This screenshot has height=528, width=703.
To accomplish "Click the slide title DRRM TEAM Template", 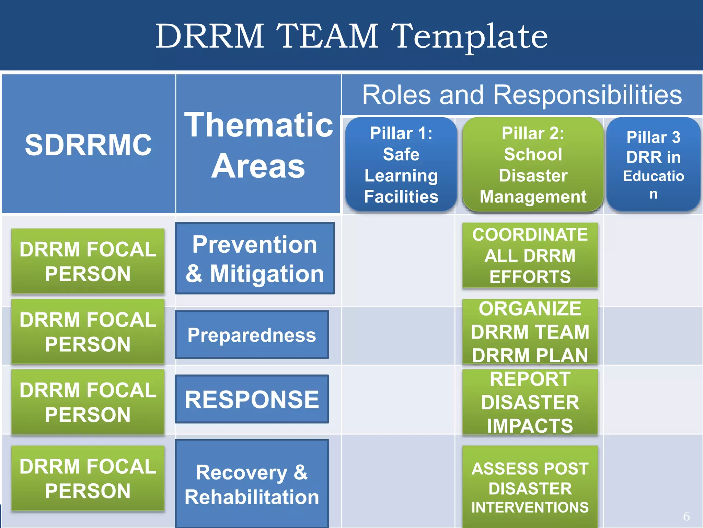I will pyautogui.click(x=351, y=36).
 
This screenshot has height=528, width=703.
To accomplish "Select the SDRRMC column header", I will pyautogui.click(x=88, y=145).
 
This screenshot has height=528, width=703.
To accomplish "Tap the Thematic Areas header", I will pyautogui.click(x=258, y=145).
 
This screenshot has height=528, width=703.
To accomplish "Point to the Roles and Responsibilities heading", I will pyautogui.click(x=522, y=95).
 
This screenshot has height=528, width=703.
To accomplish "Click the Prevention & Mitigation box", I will pyautogui.click(x=255, y=258).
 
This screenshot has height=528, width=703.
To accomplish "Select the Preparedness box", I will pyautogui.click(x=252, y=334).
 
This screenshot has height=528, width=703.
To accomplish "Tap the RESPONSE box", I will pyautogui.click(x=252, y=399).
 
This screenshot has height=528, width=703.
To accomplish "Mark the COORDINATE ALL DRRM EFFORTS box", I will pyautogui.click(x=530, y=255).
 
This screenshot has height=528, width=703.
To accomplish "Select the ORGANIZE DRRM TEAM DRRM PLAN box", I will pyautogui.click(x=530, y=332).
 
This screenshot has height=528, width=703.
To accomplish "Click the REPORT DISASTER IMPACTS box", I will pyautogui.click(x=530, y=402).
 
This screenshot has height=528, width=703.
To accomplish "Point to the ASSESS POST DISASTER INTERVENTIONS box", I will pyautogui.click(x=530, y=487).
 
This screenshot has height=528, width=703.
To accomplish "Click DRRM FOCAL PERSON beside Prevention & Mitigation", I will pyautogui.click(x=88, y=261).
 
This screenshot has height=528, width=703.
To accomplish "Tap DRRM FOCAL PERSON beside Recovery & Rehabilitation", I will pyautogui.click(x=88, y=478).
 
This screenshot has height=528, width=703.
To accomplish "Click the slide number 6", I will pyautogui.click(x=686, y=516).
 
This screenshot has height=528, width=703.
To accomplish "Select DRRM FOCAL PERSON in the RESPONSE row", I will pyautogui.click(x=88, y=402).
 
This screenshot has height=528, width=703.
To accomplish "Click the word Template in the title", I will pyautogui.click(x=469, y=36).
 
